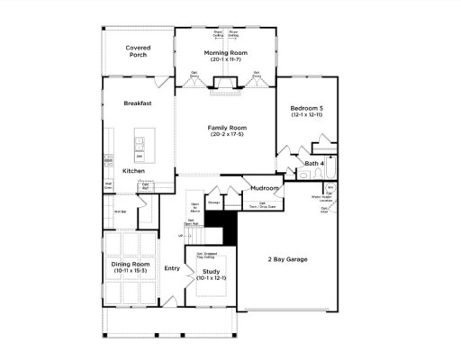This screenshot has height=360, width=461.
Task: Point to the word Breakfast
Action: pos(138,103)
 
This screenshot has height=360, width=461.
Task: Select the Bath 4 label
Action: pos(313,163)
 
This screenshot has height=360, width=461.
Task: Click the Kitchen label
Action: pos(134,170)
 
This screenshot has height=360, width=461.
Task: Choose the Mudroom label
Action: pos(265,188)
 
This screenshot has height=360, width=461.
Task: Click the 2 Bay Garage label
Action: pos(288,259)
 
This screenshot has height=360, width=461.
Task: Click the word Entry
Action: pos(173,267)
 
